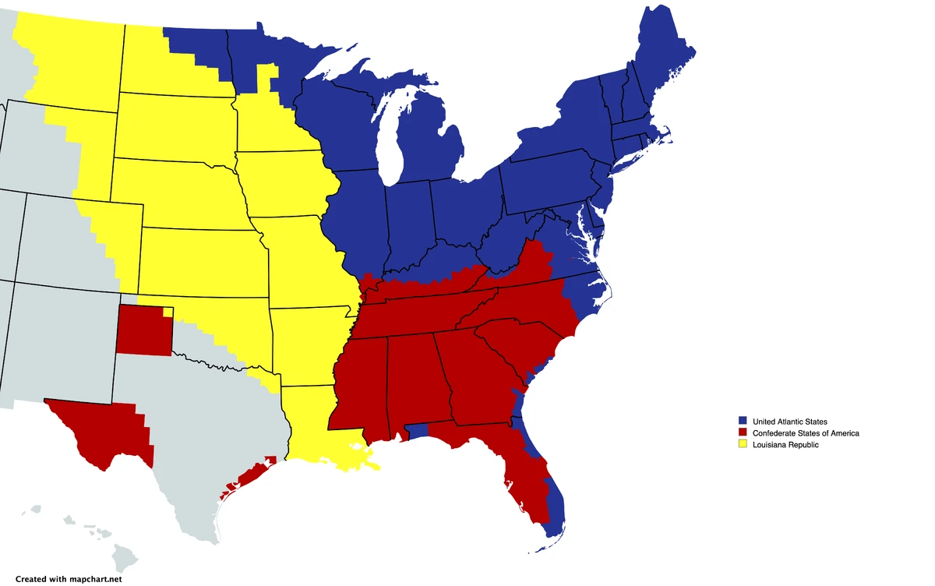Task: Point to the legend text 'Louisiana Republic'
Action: point(785,444)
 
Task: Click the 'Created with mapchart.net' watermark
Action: point(69,579)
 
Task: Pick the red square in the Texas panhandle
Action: point(144,330)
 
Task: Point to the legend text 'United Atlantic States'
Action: point(791,422)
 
